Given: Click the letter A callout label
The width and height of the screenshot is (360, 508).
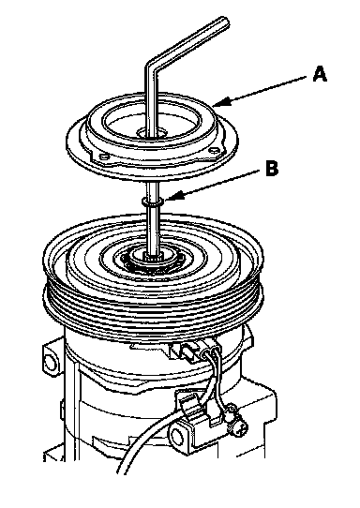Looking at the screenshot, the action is [320, 74].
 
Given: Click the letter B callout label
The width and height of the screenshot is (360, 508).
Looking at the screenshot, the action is [272, 169].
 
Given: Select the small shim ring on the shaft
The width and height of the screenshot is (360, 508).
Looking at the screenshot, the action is [152, 202].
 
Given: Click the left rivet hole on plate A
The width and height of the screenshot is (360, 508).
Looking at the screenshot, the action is [104, 157].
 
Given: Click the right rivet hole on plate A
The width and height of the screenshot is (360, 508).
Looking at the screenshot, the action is [213, 150].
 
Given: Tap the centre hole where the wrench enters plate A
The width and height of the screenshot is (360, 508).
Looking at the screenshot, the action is [152, 133].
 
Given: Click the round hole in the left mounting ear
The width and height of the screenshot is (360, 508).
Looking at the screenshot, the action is [51, 362].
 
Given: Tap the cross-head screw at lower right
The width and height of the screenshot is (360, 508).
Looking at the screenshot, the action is [239, 430].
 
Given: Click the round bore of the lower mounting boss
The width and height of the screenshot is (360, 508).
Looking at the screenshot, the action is [177, 437].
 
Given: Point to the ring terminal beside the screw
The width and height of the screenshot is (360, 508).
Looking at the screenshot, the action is [231, 415].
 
